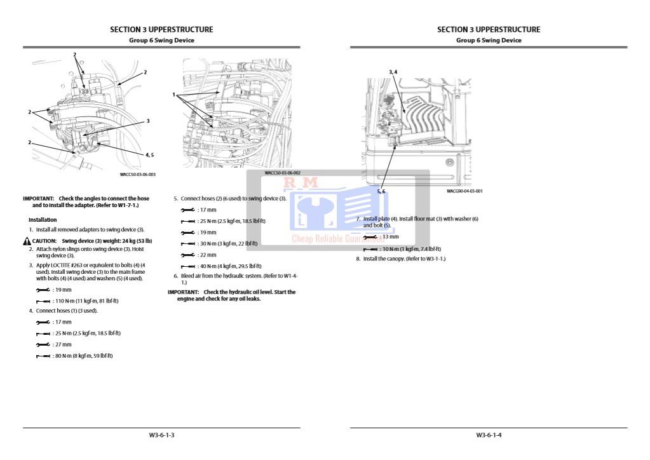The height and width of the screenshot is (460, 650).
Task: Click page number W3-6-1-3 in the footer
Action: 161,435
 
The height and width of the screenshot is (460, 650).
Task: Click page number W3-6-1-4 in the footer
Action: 489,435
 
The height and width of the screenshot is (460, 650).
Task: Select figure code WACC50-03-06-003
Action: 137,174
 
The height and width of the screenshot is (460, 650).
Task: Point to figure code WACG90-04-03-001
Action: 464,191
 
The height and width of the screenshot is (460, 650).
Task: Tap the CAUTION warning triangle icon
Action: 27,241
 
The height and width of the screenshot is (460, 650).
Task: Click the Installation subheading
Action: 43,220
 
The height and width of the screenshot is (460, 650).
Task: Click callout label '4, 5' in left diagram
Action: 149,154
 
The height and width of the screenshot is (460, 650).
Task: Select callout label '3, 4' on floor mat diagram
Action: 393,72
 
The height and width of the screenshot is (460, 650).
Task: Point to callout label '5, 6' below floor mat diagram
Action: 381,191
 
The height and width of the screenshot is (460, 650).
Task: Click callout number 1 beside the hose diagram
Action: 173,95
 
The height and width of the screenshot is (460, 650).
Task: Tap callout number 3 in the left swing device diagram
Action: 147,120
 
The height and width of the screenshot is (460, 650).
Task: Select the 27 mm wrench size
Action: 63,344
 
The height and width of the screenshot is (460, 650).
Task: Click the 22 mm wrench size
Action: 207,255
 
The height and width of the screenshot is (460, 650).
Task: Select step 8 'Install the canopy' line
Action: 403,259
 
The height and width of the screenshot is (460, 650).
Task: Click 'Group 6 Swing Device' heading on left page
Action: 161,40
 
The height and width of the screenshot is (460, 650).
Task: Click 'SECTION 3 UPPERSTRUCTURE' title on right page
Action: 489,29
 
